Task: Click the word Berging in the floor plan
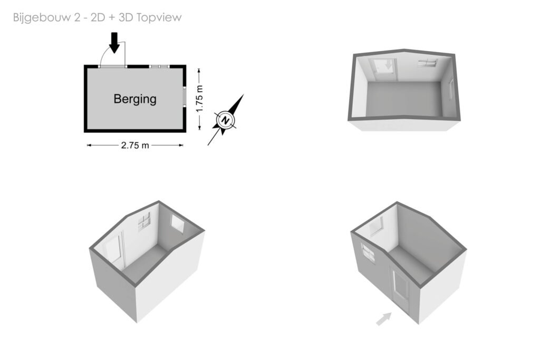pos(135,99)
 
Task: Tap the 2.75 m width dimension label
pos(135,145)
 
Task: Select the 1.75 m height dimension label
pos(199,99)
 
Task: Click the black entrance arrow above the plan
pos(114,43)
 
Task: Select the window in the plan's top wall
pos(159,66)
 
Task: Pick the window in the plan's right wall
pos(185,95)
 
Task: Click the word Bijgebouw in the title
pos(42,17)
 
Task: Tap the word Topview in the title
pos(159,17)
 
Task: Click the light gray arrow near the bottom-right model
pos(384,319)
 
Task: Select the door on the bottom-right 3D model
pos(400,288)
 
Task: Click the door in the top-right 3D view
pos(383,69)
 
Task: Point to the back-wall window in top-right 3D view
pos(428,63)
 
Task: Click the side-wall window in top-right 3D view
pos(451,89)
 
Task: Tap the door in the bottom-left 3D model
pos(113,250)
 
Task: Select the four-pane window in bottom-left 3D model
pos(144,222)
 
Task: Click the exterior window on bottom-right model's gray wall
pos(368,252)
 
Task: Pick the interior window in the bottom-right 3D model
pos(376,226)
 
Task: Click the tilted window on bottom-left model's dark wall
pos(178,223)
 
